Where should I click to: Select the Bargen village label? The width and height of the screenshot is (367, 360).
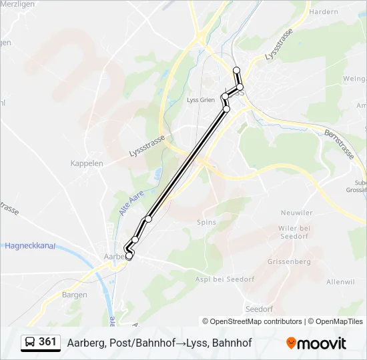pyautogui.click(x=74, y=294)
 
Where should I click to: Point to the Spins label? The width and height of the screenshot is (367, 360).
pyautogui.click(x=206, y=222)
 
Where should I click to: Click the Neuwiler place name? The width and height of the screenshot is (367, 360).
pyautogui.click(x=297, y=213)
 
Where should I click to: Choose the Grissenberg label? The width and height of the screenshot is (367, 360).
pyautogui.click(x=289, y=262)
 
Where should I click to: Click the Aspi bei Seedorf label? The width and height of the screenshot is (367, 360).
pyautogui.click(x=225, y=279)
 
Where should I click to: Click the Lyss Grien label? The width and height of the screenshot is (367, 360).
pyautogui.click(x=201, y=100)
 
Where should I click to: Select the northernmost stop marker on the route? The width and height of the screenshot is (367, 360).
pyautogui.click(x=236, y=70)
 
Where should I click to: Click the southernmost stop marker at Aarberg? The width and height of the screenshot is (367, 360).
pyautogui.click(x=129, y=256)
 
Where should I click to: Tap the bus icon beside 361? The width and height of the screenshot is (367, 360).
pyautogui.click(x=30, y=343)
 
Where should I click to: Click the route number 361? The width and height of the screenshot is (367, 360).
pyautogui.click(x=47, y=342)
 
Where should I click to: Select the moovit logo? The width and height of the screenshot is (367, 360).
pyautogui.click(x=316, y=343)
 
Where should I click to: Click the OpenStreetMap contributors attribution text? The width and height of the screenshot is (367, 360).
pyautogui.click(x=252, y=321)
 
